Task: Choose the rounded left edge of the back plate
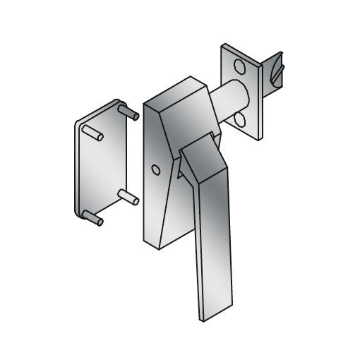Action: point(76,169)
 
